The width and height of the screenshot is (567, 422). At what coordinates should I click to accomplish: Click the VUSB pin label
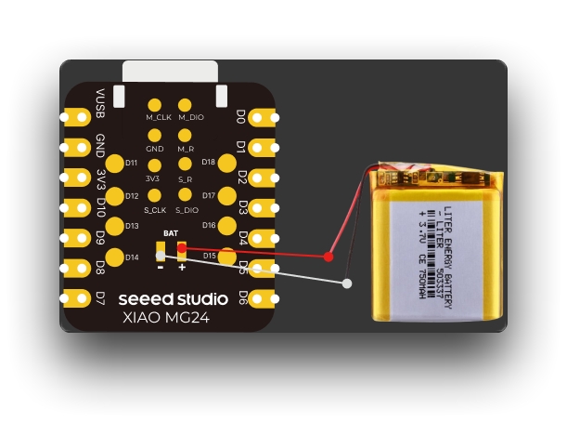pyautogui.click(x=100, y=101)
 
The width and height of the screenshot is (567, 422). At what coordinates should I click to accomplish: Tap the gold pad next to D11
pyautogui.click(x=115, y=164)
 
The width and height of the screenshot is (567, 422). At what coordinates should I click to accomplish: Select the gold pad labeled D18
pyautogui.click(x=226, y=163)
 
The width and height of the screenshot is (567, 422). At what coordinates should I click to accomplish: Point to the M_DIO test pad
pyautogui.click(x=187, y=105)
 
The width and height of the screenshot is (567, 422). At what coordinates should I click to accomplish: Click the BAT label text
pyautogui.click(x=171, y=232)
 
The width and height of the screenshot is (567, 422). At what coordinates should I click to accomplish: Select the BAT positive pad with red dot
pyautogui.click(x=182, y=249)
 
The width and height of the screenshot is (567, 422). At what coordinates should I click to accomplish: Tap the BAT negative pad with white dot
pyautogui.click(x=161, y=249)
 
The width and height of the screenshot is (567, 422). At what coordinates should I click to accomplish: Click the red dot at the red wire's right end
pyautogui.click(x=329, y=255)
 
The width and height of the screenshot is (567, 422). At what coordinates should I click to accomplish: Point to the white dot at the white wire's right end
pyautogui.click(x=346, y=283)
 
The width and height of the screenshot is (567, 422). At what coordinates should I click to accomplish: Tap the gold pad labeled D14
pyautogui.click(x=115, y=257)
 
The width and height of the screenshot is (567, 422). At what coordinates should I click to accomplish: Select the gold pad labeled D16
pyautogui.click(x=226, y=226)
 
